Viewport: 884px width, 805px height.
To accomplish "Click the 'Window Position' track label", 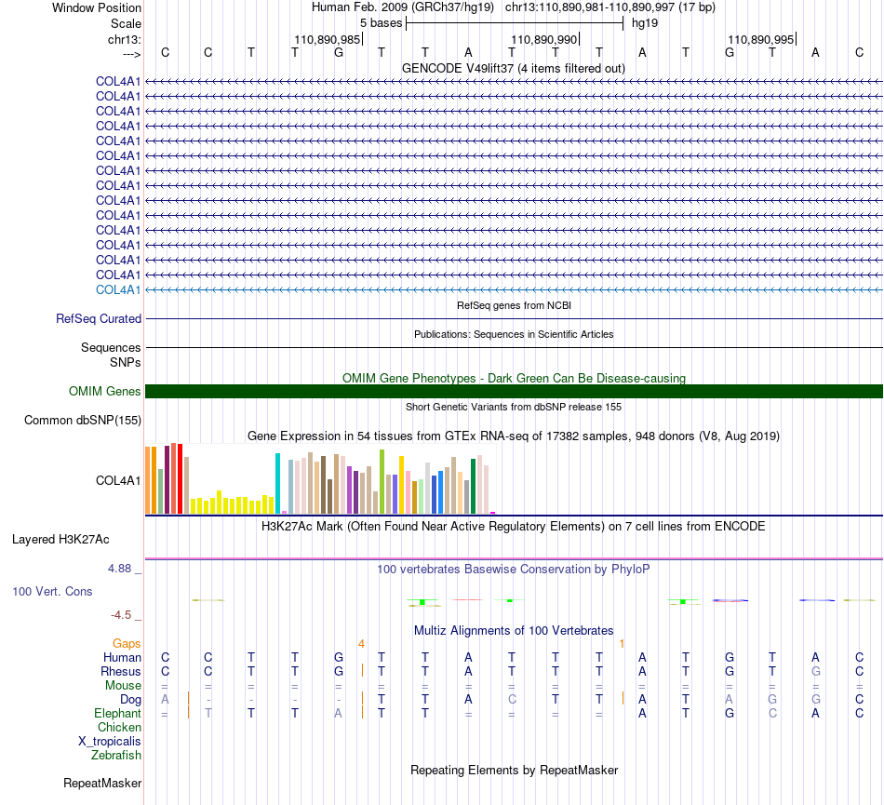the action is (97, 7).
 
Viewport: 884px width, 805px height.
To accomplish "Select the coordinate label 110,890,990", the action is (544, 39).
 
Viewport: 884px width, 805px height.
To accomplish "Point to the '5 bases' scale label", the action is (382, 23).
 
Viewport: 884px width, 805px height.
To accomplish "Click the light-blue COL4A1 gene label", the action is (118, 289).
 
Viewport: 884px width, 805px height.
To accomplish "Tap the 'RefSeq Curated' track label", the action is (99, 318).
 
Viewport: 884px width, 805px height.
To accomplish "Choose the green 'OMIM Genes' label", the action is (105, 391).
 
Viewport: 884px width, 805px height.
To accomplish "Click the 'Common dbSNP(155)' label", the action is (83, 420).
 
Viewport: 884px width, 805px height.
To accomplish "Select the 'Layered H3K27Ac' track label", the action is (60, 540).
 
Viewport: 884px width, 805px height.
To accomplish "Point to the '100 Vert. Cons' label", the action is (52, 591).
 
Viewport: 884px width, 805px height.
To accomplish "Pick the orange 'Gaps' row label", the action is (127, 643).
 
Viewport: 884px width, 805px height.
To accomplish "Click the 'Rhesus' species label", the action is (121, 671).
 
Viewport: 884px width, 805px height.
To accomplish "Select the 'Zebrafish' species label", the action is (116, 756).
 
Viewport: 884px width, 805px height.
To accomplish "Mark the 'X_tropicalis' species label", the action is (110, 742).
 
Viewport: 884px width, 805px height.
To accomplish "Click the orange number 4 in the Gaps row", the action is (361, 643).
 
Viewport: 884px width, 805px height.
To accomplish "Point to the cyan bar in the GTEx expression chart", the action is (277, 483).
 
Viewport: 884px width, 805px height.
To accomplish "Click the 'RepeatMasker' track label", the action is (102, 783).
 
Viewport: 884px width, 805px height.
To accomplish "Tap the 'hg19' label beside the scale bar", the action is (645, 23).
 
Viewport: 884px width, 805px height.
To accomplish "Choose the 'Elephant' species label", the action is (117, 713).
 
